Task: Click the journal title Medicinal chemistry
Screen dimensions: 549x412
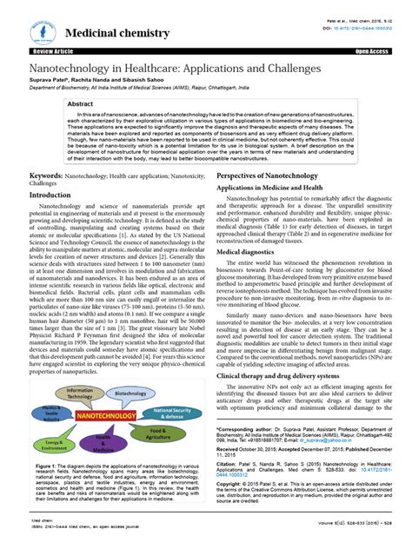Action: coord(110,33)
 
